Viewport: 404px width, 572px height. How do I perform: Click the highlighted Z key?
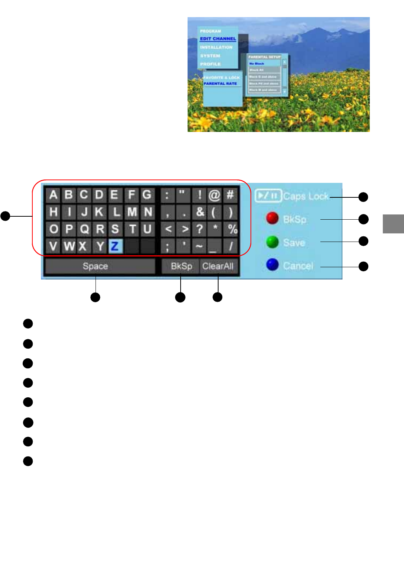(115, 246)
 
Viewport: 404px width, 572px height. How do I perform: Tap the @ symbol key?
(214, 195)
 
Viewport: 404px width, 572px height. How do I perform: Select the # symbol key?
(230, 195)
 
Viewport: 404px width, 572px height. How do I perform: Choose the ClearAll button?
(218, 266)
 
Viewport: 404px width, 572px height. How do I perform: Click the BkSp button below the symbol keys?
(181, 266)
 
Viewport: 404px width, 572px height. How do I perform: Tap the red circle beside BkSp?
(272, 219)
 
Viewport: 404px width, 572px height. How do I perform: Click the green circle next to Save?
(272, 242)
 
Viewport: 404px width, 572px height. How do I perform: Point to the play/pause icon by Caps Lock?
(268, 195)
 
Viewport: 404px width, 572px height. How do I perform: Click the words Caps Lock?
(306, 196)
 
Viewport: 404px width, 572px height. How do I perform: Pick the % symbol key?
(232, 229)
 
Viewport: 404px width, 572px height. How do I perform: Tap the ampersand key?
(200, 212)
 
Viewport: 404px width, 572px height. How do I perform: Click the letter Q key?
(85, 229)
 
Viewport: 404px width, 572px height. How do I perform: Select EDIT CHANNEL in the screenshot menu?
(218, 39)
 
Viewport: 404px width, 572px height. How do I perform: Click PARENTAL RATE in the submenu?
(220, 84)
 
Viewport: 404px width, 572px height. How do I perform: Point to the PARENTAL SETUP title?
(264, 57)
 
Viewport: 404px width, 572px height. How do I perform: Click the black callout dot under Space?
(96, 297)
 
